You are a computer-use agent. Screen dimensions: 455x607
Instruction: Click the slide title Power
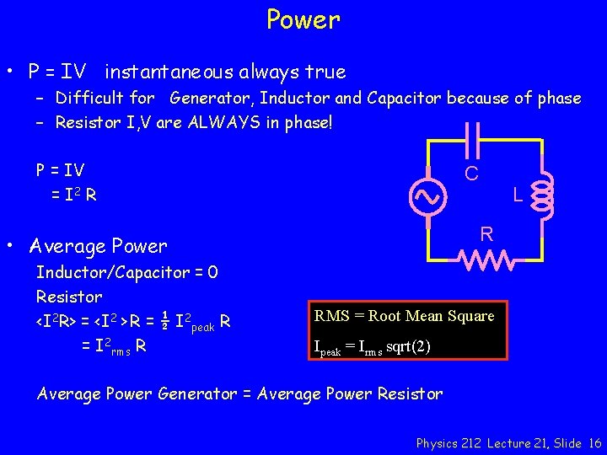(x=303, y=19)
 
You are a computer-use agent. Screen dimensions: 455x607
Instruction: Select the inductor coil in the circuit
(x=542, y=195)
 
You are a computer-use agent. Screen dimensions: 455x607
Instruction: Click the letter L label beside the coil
(x=519, y=195)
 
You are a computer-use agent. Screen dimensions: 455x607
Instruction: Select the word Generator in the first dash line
(x=211, y=99)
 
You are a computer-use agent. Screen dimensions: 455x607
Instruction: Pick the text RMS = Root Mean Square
(x=404, y=316)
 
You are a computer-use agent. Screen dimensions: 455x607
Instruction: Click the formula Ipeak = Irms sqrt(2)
(x=372, y=346)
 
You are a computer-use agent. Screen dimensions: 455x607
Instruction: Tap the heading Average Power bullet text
(x=98, y=246)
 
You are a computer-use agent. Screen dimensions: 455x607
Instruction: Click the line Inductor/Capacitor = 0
(x=126, y=273)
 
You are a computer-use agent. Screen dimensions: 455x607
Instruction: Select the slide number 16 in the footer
(x=594, y=442)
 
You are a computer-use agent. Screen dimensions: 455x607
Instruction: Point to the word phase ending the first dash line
(x=558, y=99)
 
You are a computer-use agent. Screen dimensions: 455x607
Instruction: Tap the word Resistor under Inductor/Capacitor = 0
(x=69, y=297)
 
